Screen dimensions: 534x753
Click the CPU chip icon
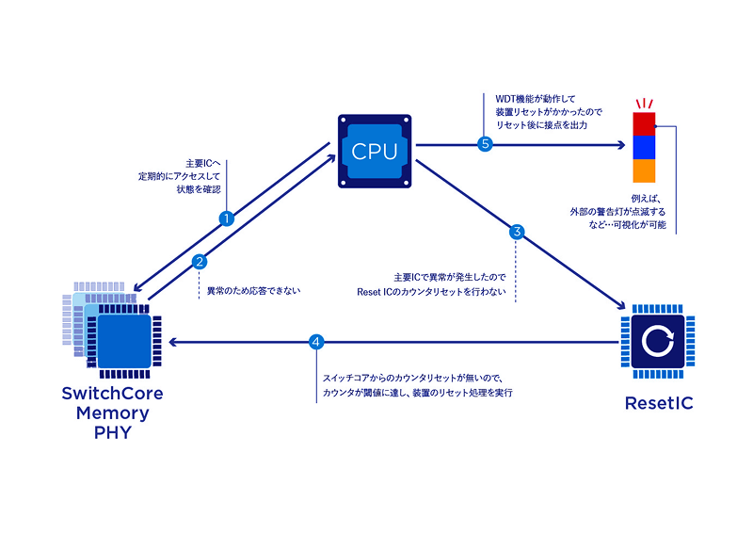click(x=375, y=150)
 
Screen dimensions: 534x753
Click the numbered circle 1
click(x=226, y=218)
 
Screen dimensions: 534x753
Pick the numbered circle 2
click(x=199, y=262)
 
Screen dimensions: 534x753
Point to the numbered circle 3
click(x=516, y=231)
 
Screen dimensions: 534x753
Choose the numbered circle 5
click(x=486, y=144)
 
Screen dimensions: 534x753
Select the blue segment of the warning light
click(x=643, y=148)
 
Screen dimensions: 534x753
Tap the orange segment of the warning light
click(x=643, y=171)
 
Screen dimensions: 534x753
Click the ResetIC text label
click(x=660, y=404)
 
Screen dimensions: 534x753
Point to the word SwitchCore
click(x=113, y=394)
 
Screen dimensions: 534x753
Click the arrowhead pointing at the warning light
click(x=620, y=145)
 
